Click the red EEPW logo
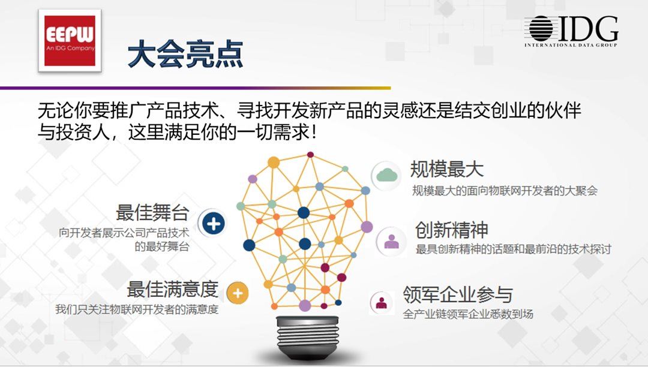(70, 40)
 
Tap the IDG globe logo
(541, 29)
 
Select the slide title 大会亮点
(185, 54)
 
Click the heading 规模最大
(447, 169)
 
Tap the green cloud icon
(387, 176)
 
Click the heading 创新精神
(452, 230)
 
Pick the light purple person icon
(391, 242)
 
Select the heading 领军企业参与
(458, 294)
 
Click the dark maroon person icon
(382, 303)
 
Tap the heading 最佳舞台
(152, 213)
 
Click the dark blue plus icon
(213, 223)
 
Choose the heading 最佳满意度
(172, 289)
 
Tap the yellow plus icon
(238, 293)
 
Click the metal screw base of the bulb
(307, 336)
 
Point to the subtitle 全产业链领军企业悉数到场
(468, 314)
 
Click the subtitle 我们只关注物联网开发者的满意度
(137, 309)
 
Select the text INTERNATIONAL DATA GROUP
(571, 45)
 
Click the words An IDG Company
(70, 49)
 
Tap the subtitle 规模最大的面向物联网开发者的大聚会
(505, 191)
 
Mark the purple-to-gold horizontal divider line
(196, 88)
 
